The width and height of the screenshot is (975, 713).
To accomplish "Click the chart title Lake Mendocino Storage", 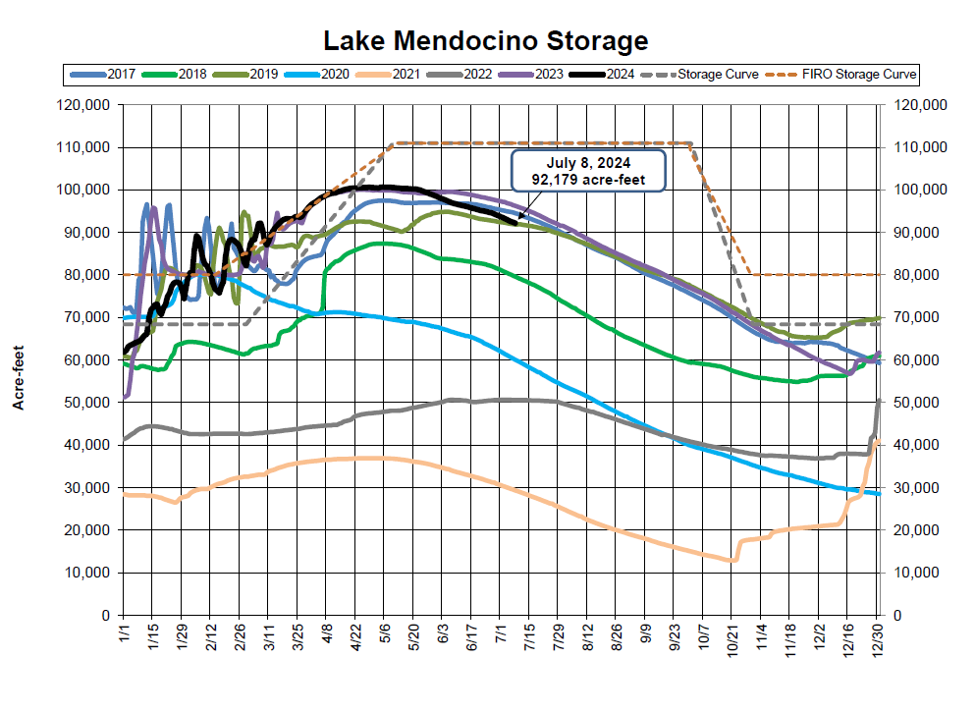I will (487, 40).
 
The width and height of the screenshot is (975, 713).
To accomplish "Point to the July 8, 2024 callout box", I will (588, 170).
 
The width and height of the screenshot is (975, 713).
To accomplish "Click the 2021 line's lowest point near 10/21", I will (731, 561).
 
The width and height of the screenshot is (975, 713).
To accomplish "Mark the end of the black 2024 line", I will (516, 223).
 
